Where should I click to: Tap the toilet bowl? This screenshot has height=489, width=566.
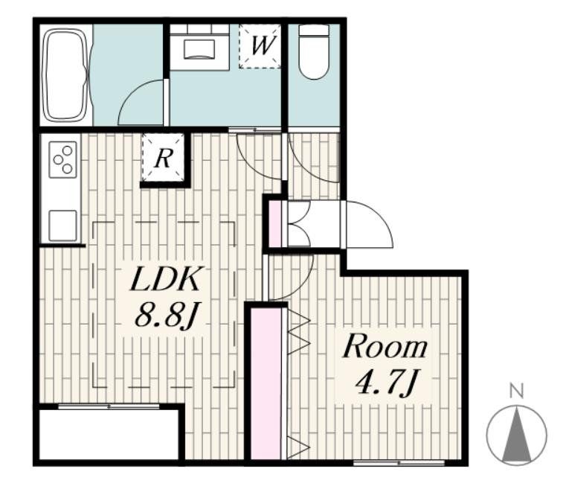(314, 51)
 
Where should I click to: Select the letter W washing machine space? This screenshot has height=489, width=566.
(260, 46)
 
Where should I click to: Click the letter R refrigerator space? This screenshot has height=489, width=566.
(163, 158)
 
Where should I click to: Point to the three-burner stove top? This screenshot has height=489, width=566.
(63, 159)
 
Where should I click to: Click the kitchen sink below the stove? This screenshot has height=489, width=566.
(62, 226)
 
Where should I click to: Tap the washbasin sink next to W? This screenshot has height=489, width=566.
(199, 48)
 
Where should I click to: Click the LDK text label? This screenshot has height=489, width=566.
(165, 279)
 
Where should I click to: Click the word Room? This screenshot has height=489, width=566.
(385, 347)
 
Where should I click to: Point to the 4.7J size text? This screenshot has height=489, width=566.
(386, 384)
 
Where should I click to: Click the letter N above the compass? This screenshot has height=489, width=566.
(517, 391)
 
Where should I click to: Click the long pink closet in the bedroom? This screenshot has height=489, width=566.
(266, 383)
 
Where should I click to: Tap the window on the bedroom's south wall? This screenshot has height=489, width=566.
(399, 463)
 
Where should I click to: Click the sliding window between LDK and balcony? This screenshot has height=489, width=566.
(109, 406)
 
